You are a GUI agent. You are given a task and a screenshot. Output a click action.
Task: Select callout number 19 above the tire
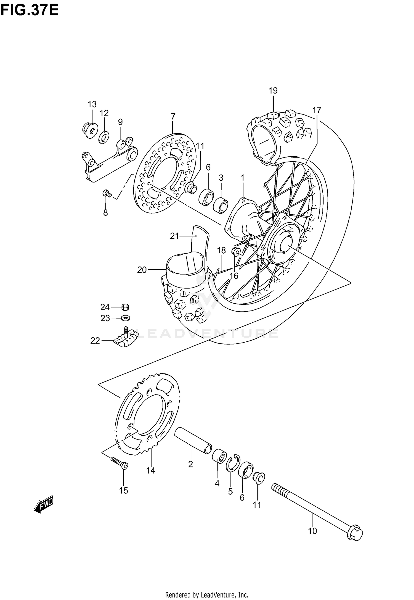pos(273,91)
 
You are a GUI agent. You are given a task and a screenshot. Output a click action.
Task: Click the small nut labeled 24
pos(125,307)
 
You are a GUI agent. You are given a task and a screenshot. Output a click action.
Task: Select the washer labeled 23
pos(126,318)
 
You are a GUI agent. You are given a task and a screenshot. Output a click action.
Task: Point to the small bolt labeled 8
pos(106,194)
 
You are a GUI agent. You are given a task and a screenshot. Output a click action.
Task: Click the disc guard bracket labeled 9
pos(110,163)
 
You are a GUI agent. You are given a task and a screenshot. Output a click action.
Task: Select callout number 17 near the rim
pos(317,110)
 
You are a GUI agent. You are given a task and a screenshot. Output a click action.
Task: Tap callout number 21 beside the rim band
pos(174,236)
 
